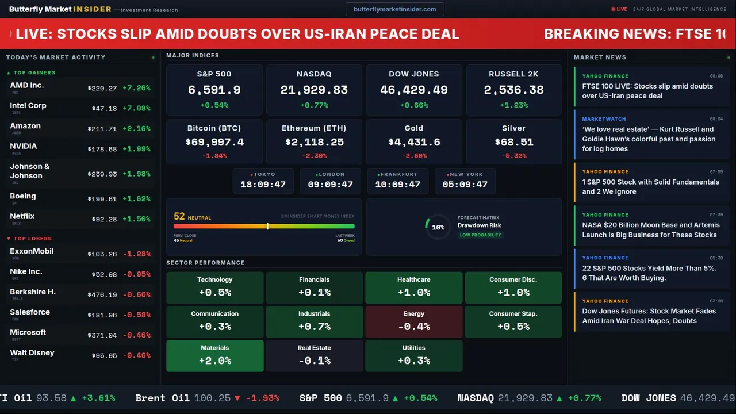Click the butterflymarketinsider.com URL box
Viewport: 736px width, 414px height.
point(395,9)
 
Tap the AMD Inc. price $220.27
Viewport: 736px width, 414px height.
point(102,88)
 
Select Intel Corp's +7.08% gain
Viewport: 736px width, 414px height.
point(136,108)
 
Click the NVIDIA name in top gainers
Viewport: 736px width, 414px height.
point(24,146)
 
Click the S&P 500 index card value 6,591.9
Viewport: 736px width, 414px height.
point(214,90)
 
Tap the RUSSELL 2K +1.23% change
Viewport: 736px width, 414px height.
point(513,105)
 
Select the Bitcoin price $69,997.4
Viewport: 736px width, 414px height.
point(214,142)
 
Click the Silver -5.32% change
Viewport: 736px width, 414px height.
point(513,156)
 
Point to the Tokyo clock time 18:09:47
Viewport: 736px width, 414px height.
point(263,185)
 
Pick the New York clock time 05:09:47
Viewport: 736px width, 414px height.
point(465,185)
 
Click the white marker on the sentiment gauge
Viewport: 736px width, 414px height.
point(267,226)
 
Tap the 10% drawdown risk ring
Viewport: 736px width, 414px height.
point(438,227)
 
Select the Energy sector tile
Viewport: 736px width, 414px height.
point(413,321)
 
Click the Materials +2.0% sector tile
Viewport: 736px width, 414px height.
point(214,355)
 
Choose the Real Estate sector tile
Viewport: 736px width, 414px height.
point(314,355)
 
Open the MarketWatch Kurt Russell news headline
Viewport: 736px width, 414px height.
point(649,139)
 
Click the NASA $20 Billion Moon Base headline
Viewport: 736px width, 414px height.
point(650,229)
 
